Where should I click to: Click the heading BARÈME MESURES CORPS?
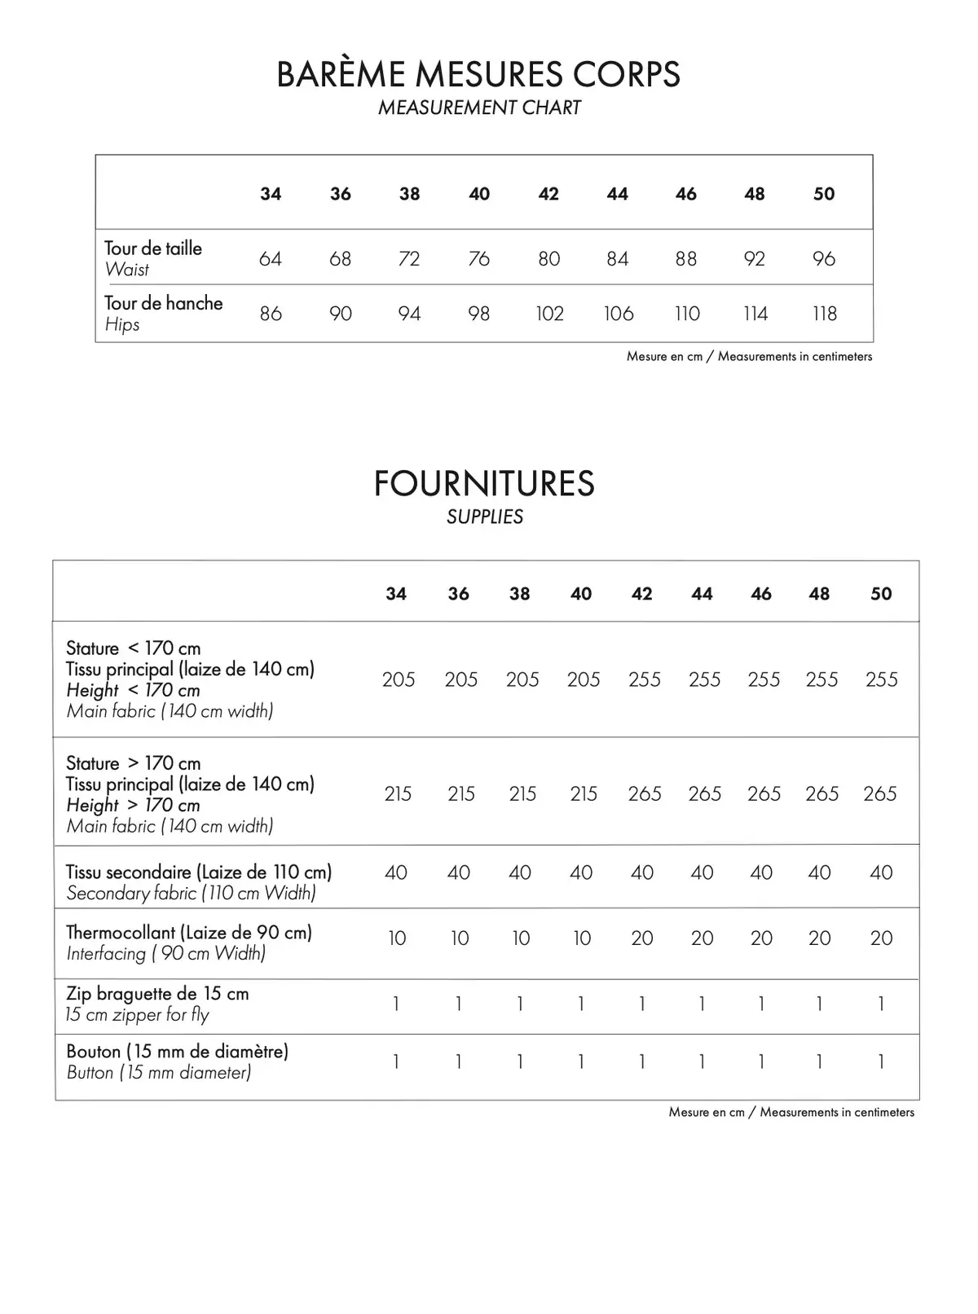pos(478,74)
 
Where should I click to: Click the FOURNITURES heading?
pos(484,483)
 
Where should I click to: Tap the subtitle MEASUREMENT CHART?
pos(479,108)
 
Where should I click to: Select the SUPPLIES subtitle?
pos(485,516)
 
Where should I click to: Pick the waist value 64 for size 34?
pos(270,258)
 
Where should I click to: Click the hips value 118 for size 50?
pos(824,314)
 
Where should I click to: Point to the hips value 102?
pos(549,314)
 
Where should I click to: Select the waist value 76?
pos(479,258)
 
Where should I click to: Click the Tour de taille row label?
pos(153,248)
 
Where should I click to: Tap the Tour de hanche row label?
pos(163,303)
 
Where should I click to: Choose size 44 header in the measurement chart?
pos(617,194)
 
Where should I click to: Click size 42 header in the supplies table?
pos(641,594)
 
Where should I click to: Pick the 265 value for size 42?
pos(644,793)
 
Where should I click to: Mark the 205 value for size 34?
pos(398,679)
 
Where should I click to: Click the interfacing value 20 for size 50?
pos(881,938)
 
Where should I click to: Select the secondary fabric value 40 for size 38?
pos(519,872)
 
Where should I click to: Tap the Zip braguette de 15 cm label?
pos(157,994)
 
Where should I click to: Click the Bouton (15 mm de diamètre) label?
pos(177,1052)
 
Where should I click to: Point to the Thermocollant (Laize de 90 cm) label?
pos(188,933)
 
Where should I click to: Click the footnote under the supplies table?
pos(791,1113)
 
